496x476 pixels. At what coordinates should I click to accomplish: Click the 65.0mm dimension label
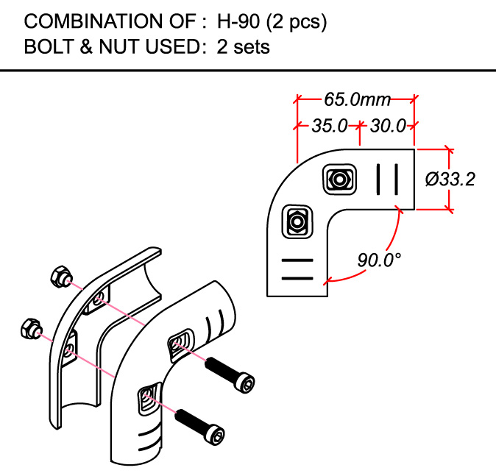click(x=358, y=98)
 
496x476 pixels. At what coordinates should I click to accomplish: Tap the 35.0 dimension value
click(x=328, y=126)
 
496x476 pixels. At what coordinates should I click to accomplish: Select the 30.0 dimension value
click(x=388, y=126)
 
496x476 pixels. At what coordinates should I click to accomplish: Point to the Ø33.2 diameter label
click(x=450, y=179)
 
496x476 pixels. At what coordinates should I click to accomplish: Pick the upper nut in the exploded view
click(x=58, y=277)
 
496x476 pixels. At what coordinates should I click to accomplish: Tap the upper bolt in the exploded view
click(x=231, y=374)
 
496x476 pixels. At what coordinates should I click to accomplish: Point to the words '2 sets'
click(x=244, y=47)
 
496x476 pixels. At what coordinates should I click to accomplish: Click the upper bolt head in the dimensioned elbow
click(x=340, y=179)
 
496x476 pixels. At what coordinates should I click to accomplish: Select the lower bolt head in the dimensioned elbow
click(x=297, y=221)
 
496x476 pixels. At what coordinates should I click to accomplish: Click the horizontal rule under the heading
click(x=248, y=71)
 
